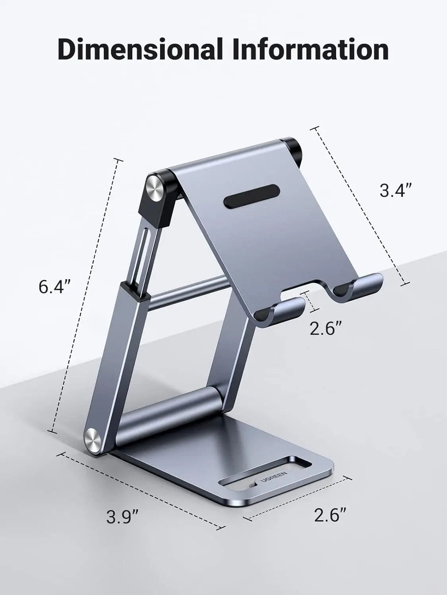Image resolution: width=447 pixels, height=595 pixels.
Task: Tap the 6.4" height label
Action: tap(54, 287)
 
